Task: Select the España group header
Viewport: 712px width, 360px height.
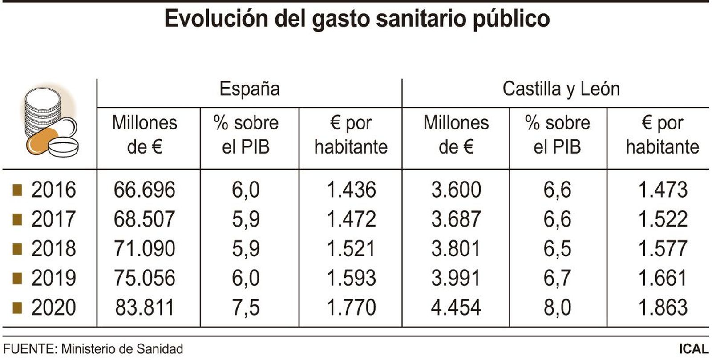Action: point(250,89)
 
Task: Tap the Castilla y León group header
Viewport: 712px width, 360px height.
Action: point(561,89)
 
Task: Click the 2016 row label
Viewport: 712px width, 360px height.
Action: point(53,190)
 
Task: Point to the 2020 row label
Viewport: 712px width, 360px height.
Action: point(53,307)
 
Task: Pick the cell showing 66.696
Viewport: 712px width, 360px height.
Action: point(145,190)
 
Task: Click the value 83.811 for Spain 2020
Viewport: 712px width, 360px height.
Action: point(145,307)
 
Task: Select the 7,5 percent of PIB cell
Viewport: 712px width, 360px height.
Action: point(246,307)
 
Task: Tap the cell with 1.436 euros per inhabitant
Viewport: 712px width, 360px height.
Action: point(351,190)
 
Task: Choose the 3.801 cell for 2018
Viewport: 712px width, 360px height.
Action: point(456,249)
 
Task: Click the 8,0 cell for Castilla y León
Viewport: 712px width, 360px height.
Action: point(557,307)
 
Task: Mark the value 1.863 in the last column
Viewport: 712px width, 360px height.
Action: point(663,307)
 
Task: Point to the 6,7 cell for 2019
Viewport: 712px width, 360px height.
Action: point(557,278)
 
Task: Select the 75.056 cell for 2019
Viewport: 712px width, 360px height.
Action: point(145,278)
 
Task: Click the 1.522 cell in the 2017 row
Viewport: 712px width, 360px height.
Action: point(663,219)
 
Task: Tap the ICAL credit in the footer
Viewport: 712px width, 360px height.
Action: point(694,349)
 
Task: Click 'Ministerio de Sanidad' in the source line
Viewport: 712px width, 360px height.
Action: point(122,349)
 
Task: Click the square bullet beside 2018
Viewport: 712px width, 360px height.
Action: point(17,249)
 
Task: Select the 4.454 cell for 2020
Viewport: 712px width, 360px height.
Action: point(456,307)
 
